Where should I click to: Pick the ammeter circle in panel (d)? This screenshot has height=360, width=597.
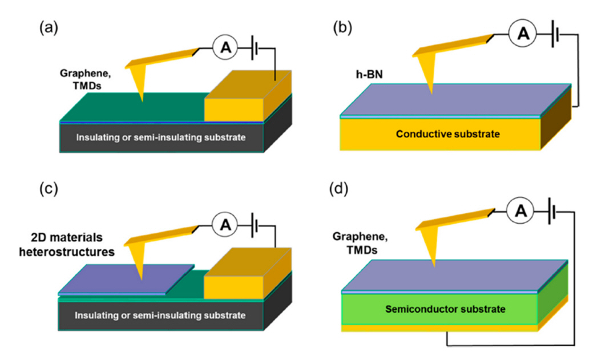point(521,213)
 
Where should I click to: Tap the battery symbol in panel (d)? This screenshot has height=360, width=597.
point(551,213)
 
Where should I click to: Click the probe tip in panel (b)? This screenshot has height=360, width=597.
point(432,91)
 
